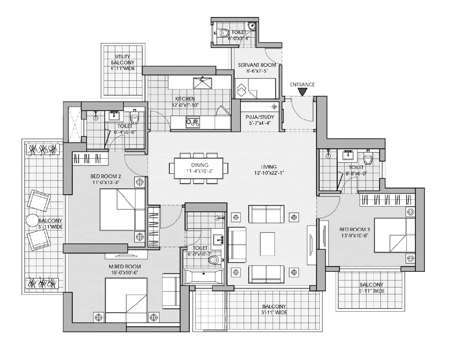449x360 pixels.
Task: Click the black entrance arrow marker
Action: click(302, 92)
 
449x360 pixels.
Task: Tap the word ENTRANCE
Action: click(302, 85)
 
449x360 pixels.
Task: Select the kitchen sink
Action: click(203, 82)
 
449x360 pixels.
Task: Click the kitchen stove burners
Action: click(193, 122)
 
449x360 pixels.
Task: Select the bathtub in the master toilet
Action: click(204, 276)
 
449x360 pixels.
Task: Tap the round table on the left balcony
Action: click(33, 221)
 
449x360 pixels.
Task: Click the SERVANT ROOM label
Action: click(257, 65)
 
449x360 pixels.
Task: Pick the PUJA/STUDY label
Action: click(260, 117)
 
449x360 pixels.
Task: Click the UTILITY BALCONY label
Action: click(123, 59)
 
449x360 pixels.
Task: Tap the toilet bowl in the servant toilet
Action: click(223, 33)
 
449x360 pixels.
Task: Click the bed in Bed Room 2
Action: click(122, 210)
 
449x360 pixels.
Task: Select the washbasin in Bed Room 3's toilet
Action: click(348, 155)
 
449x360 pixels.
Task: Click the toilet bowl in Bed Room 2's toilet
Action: click(134, 117)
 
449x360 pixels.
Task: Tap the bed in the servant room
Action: click(255, 88)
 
